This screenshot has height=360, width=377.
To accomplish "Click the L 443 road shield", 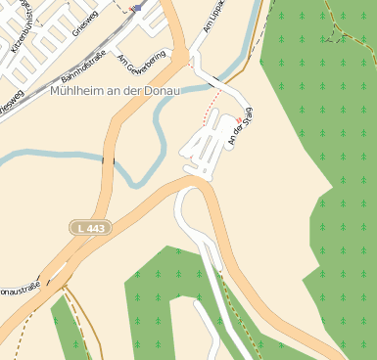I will click(x=90, y=227).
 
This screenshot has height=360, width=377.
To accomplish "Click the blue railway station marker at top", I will click(x=138, y=7).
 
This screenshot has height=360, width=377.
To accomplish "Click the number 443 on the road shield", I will click(x=95, y=227).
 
